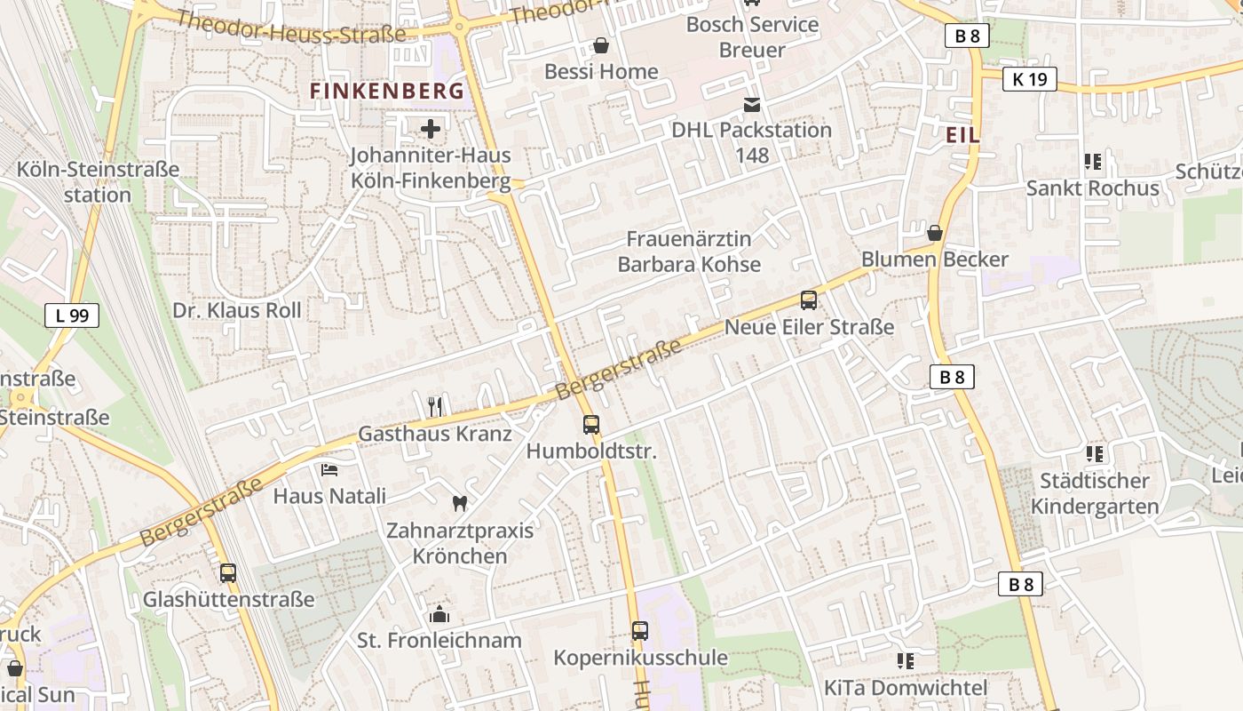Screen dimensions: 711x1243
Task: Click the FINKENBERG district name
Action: (x=386, y=91)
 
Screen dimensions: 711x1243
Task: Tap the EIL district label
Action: (x=963, y=135)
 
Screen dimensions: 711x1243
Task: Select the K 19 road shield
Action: (x=1030, y=79)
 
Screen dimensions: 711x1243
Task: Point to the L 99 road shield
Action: (x=71, y=315)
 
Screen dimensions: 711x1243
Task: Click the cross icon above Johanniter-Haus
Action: (x=431, y=130)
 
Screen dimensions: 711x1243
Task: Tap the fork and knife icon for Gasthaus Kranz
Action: (x=435, y=407)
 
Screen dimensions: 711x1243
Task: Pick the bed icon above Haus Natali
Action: (x=329, y=469)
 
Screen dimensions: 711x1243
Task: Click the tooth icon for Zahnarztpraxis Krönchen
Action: (x=460, y=503)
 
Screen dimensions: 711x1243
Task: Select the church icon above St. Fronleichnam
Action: (x=439, y=613)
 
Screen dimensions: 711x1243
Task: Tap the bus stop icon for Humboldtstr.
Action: (x=591, y=425)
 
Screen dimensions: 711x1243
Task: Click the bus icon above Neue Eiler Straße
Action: (x=809, y=300)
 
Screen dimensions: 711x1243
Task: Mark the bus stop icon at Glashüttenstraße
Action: (x=228, y=573)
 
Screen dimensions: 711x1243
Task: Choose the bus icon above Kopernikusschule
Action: (x=640, y=631)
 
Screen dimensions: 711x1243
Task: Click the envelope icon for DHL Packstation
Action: (x=752, y=105)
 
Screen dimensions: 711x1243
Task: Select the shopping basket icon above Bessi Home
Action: (x=601, y=45)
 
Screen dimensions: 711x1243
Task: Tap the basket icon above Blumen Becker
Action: (x=935, y=233)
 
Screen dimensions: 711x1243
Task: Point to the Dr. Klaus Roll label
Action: (x=237, y=310)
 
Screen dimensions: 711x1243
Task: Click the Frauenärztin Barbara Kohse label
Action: (x=689, y=252)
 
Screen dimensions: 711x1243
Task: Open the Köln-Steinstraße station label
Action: (x=98, y=181)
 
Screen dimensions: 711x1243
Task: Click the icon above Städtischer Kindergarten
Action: (x=1095, y=454)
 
